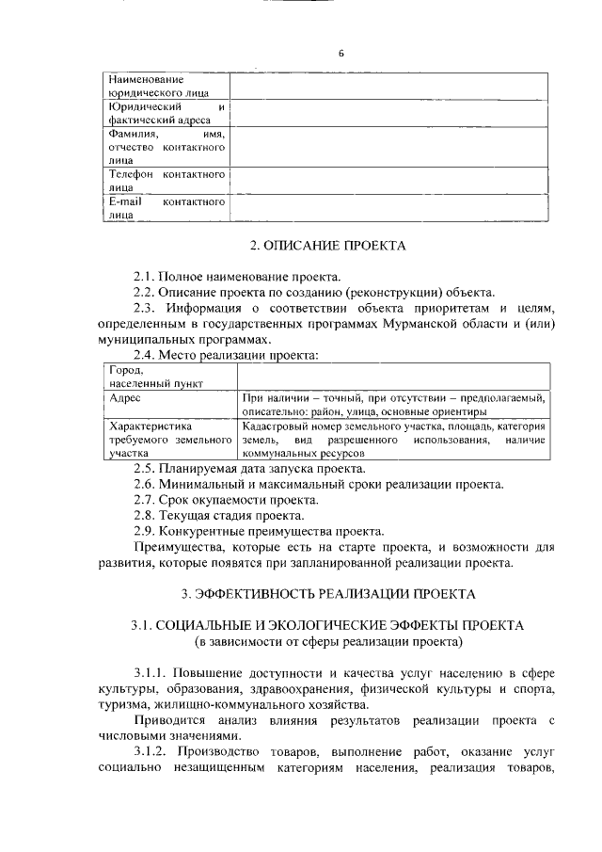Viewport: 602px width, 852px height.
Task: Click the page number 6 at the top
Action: [x=341, y=53]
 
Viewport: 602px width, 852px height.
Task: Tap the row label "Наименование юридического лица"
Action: [x=160, y=87]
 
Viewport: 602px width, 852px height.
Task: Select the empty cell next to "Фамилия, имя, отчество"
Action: [x=388, y=147]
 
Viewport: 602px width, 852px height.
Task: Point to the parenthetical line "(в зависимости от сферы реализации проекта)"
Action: [x=328, y=641]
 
